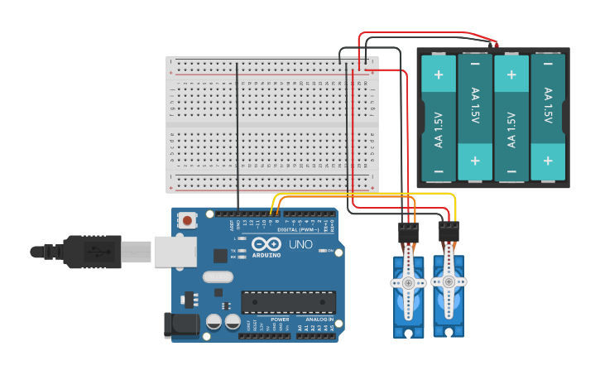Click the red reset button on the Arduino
click(189, 220)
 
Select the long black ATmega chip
click(288, 302)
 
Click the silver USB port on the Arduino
click(174, 251)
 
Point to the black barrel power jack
click(181, 325)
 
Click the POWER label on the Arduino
click(279, 320)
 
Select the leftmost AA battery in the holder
click(438, 118)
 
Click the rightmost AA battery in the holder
click(547, 118)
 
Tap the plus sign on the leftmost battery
click(438, 75)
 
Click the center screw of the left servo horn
click(408, 282)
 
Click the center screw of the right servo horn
click(449, 280)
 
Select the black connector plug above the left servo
click(408, 233)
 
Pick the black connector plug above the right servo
click(449, 230)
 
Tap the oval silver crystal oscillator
click(218, 277)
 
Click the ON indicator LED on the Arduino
click(319, 251)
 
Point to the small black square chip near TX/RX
click(221, 256)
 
